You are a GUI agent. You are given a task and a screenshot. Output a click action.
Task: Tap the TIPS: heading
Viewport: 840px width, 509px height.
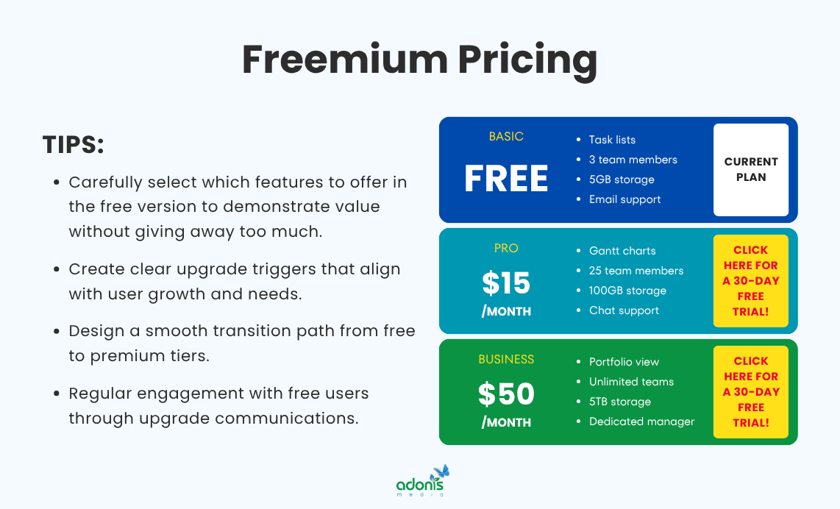[x=74, y=145]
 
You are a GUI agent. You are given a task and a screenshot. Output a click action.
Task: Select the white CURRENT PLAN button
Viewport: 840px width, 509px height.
[x=750, y=170]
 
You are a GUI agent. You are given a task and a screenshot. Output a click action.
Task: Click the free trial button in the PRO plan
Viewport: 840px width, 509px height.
[x=750, y=281]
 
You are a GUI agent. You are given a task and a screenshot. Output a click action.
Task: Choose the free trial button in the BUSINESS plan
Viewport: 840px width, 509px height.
[x=750, y=392]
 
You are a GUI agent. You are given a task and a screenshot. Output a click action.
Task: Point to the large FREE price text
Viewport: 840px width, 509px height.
[x=506, y=179]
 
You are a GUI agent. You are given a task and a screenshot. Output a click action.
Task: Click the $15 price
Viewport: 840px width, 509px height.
[x=506, y=283]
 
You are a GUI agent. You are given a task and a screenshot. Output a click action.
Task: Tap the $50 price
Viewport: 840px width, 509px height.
[x=506, y=394]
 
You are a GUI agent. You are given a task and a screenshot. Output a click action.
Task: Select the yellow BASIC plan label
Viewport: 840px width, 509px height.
[x=506, y=137]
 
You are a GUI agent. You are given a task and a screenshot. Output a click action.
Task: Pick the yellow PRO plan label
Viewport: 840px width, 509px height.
[x=506, y=249]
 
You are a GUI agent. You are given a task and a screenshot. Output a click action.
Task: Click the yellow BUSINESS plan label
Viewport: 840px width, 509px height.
[x=506, y=360]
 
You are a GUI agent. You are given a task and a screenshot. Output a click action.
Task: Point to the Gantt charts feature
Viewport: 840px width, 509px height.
[x=622, y=251]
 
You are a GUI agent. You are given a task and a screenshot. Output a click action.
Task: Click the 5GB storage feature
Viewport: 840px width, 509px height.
[x=622, y=179]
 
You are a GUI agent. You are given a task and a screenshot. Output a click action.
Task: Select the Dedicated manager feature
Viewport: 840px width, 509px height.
[x=641, y=421]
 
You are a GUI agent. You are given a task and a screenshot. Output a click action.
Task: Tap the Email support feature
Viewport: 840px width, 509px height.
[x=624, y=199]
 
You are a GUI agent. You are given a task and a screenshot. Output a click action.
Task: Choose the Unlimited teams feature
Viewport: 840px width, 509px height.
[x=631, y=382]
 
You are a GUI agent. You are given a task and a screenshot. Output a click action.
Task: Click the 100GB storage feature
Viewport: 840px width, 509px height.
[x=627, y=291]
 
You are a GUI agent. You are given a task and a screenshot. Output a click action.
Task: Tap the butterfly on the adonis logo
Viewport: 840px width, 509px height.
[x=441, y=471]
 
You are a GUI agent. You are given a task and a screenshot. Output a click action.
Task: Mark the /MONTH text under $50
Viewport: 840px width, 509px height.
[x=506, y=422]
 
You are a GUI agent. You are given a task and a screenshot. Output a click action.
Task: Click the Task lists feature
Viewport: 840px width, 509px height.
[x=612, y=140]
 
